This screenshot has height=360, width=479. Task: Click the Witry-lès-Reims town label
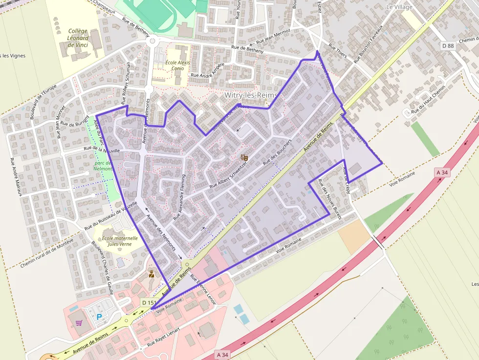coord(251,95)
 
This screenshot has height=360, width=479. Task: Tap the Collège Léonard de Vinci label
coord(78,38)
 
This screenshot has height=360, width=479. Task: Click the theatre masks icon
coord(244,157)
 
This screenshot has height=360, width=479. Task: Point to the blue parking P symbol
coord(99,317)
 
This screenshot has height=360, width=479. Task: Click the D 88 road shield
coord(448,45)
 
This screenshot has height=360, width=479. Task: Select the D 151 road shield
coord(148,303)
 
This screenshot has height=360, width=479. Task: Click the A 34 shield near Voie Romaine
coord(442,172)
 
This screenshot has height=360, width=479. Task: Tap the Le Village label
coord(399,7)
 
